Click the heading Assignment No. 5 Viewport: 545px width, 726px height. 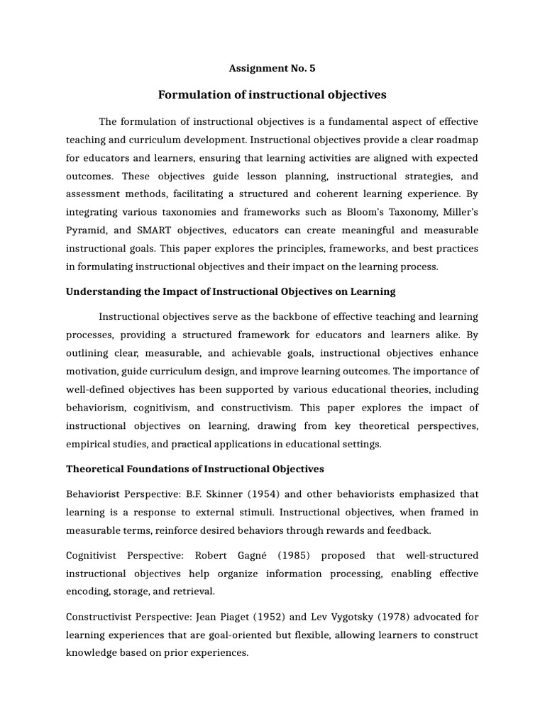point(272,69)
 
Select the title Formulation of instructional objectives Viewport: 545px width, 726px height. point(272,94)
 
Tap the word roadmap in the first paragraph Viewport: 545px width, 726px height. point(454,139)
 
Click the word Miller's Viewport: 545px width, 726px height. point(456,213)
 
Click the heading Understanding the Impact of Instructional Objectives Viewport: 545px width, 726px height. point(231,291)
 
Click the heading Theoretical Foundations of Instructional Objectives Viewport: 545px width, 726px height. point(194,469)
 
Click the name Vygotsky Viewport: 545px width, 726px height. point(342,616)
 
